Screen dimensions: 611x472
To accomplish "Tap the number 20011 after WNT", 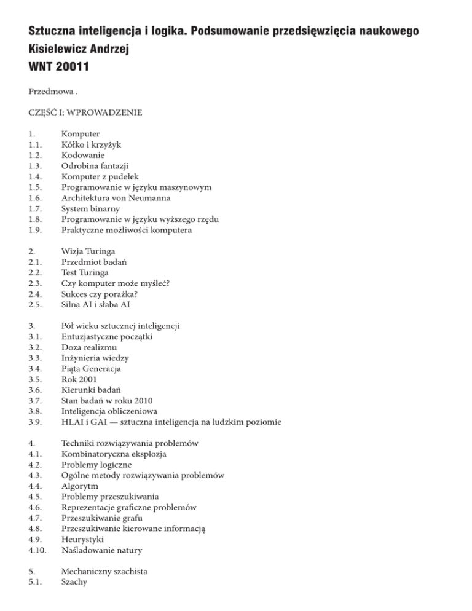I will pyautogui.click(x=71, y=67).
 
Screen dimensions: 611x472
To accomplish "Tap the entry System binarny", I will pyautogui.click(x=90, y=210).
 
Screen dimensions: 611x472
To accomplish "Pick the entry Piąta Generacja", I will pyautogui.click(x=91, y=369).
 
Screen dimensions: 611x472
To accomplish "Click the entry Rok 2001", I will pyautogui.click(x=80, y=380).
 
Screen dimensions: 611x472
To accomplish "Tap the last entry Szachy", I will pyautogui.click(x=75, y=582).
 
